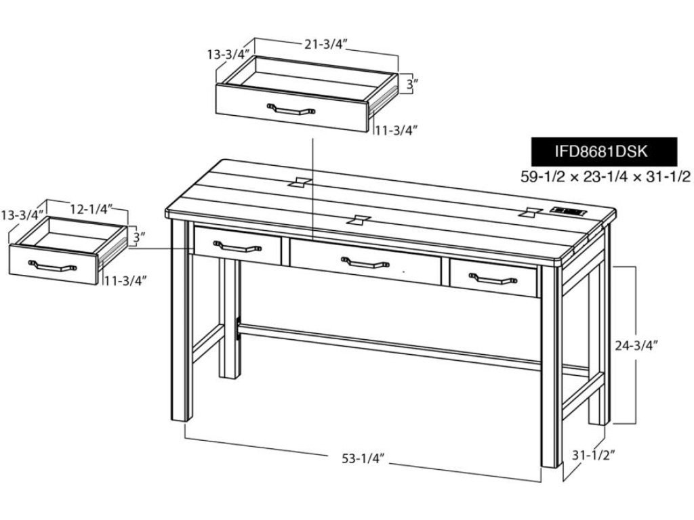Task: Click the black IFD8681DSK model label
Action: click(x=604, y=151)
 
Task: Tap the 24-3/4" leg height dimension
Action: click(x=636, y=345)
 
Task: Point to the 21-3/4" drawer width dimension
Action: click(x=325, y=44)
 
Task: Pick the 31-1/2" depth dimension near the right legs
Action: click(x=594, y=455)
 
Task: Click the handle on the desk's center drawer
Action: click(x=365, y=263)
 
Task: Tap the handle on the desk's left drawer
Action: click(x=238, y=246)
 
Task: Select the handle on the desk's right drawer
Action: click(x=493, y=278)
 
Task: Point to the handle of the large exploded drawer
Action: click(x=291, y=109)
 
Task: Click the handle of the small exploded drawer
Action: click(x=52, y=265)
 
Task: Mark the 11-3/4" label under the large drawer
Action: click(x=396, y=131)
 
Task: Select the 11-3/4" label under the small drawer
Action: click(x=125, y=280)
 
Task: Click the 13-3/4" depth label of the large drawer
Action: click(x=229, y=54)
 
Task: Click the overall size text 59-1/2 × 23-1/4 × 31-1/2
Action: click(x=605, y=177)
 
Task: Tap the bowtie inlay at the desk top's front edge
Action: click(x=358, y=219)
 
